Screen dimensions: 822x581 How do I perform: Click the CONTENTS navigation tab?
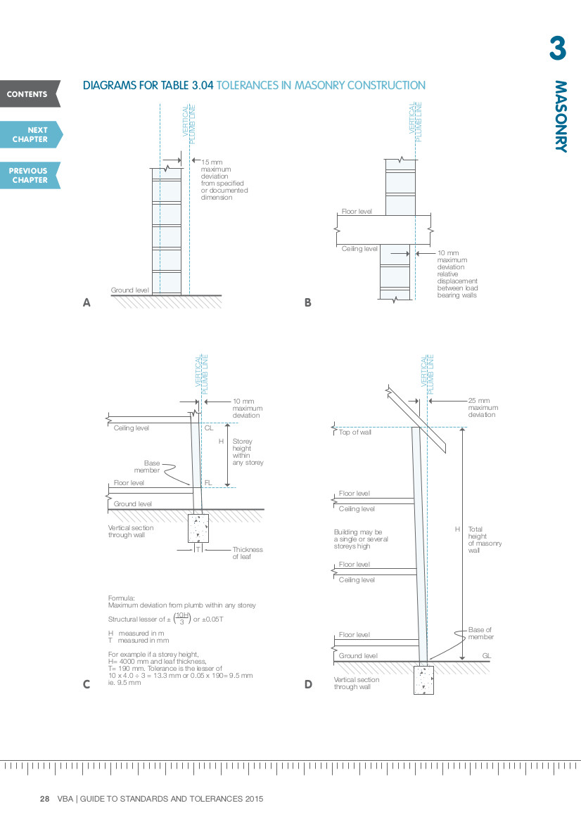click(x=28, y=94)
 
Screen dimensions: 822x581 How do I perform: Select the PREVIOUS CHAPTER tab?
click(x=29, y=175)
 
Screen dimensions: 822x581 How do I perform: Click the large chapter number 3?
click(x=557, y=49)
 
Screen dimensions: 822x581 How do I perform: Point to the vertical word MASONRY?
click(x=560, y=116)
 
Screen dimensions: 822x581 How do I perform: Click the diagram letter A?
click(x=87, y=303)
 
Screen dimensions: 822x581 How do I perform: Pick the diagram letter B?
click(x=307, y=303)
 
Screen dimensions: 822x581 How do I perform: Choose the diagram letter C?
click(x=87, y=683)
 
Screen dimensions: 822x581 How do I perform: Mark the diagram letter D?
click(x=308, y=683)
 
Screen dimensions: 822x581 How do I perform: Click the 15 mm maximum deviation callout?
click(x=224, y=180)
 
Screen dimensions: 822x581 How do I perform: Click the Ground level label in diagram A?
click(x=129, y=290)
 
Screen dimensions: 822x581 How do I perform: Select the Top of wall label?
click(x=355, y=432)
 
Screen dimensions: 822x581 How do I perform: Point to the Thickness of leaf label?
click(x=247, y=553)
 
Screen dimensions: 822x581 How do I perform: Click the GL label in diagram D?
click(x=486, y=656)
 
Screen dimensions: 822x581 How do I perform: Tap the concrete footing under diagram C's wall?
click(x=198, y=528)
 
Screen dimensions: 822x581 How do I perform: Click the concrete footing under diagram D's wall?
click(x=423, y=679)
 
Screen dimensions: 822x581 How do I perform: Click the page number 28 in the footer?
click(x=44, y=799)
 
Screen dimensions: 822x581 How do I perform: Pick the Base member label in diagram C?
click(x=152, y=466)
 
